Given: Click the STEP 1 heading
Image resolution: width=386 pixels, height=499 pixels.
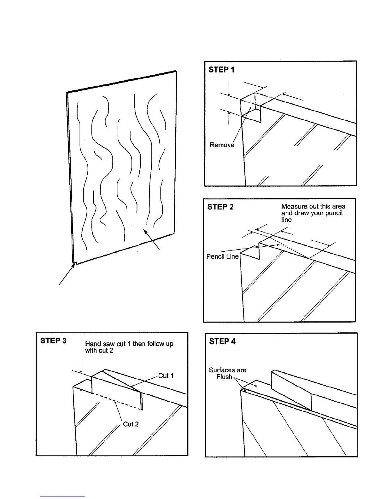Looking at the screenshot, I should pyautogui.click(x=221, y=70).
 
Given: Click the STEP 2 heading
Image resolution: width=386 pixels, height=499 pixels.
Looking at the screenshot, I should pyautogui.click(x=220, y=207).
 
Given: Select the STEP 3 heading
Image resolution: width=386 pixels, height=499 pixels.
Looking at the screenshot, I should pyautogui.click(x=53, y=341).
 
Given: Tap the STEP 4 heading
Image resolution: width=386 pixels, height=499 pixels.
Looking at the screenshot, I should pyautogui.click(x=222, y=341).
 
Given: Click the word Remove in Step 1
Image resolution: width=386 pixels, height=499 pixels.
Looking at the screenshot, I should pyautogui.click(x=222, y=145).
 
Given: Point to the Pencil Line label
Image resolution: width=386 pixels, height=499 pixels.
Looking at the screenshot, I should pyautogui.click(x=222, y=256).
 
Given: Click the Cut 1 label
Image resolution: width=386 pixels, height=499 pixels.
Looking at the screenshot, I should pyautogui.click(x=166, y=376).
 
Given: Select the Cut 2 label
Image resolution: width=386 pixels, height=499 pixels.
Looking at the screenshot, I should pyautogui.click(x=131, y=424).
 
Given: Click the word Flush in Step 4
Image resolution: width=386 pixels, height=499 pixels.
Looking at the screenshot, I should pyautogui.click(x=224, y=377).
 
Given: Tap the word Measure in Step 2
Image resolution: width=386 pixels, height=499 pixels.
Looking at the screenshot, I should pyautogui.click(x=292, y=207).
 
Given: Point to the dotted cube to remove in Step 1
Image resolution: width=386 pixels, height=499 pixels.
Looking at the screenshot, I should pyautogui.click(x=250, y=103).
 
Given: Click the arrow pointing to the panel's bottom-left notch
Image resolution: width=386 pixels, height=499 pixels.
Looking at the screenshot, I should pyautogui.click(x=67, y=274).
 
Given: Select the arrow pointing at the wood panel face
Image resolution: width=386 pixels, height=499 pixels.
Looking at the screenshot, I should pyautogui.click(x=152, y=240).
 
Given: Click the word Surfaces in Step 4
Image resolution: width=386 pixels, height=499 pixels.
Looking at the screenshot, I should pyautogui.click(x=227, y=370).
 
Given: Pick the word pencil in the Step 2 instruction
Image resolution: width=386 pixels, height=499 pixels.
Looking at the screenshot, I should pyautogui.click(x=334, y=213).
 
